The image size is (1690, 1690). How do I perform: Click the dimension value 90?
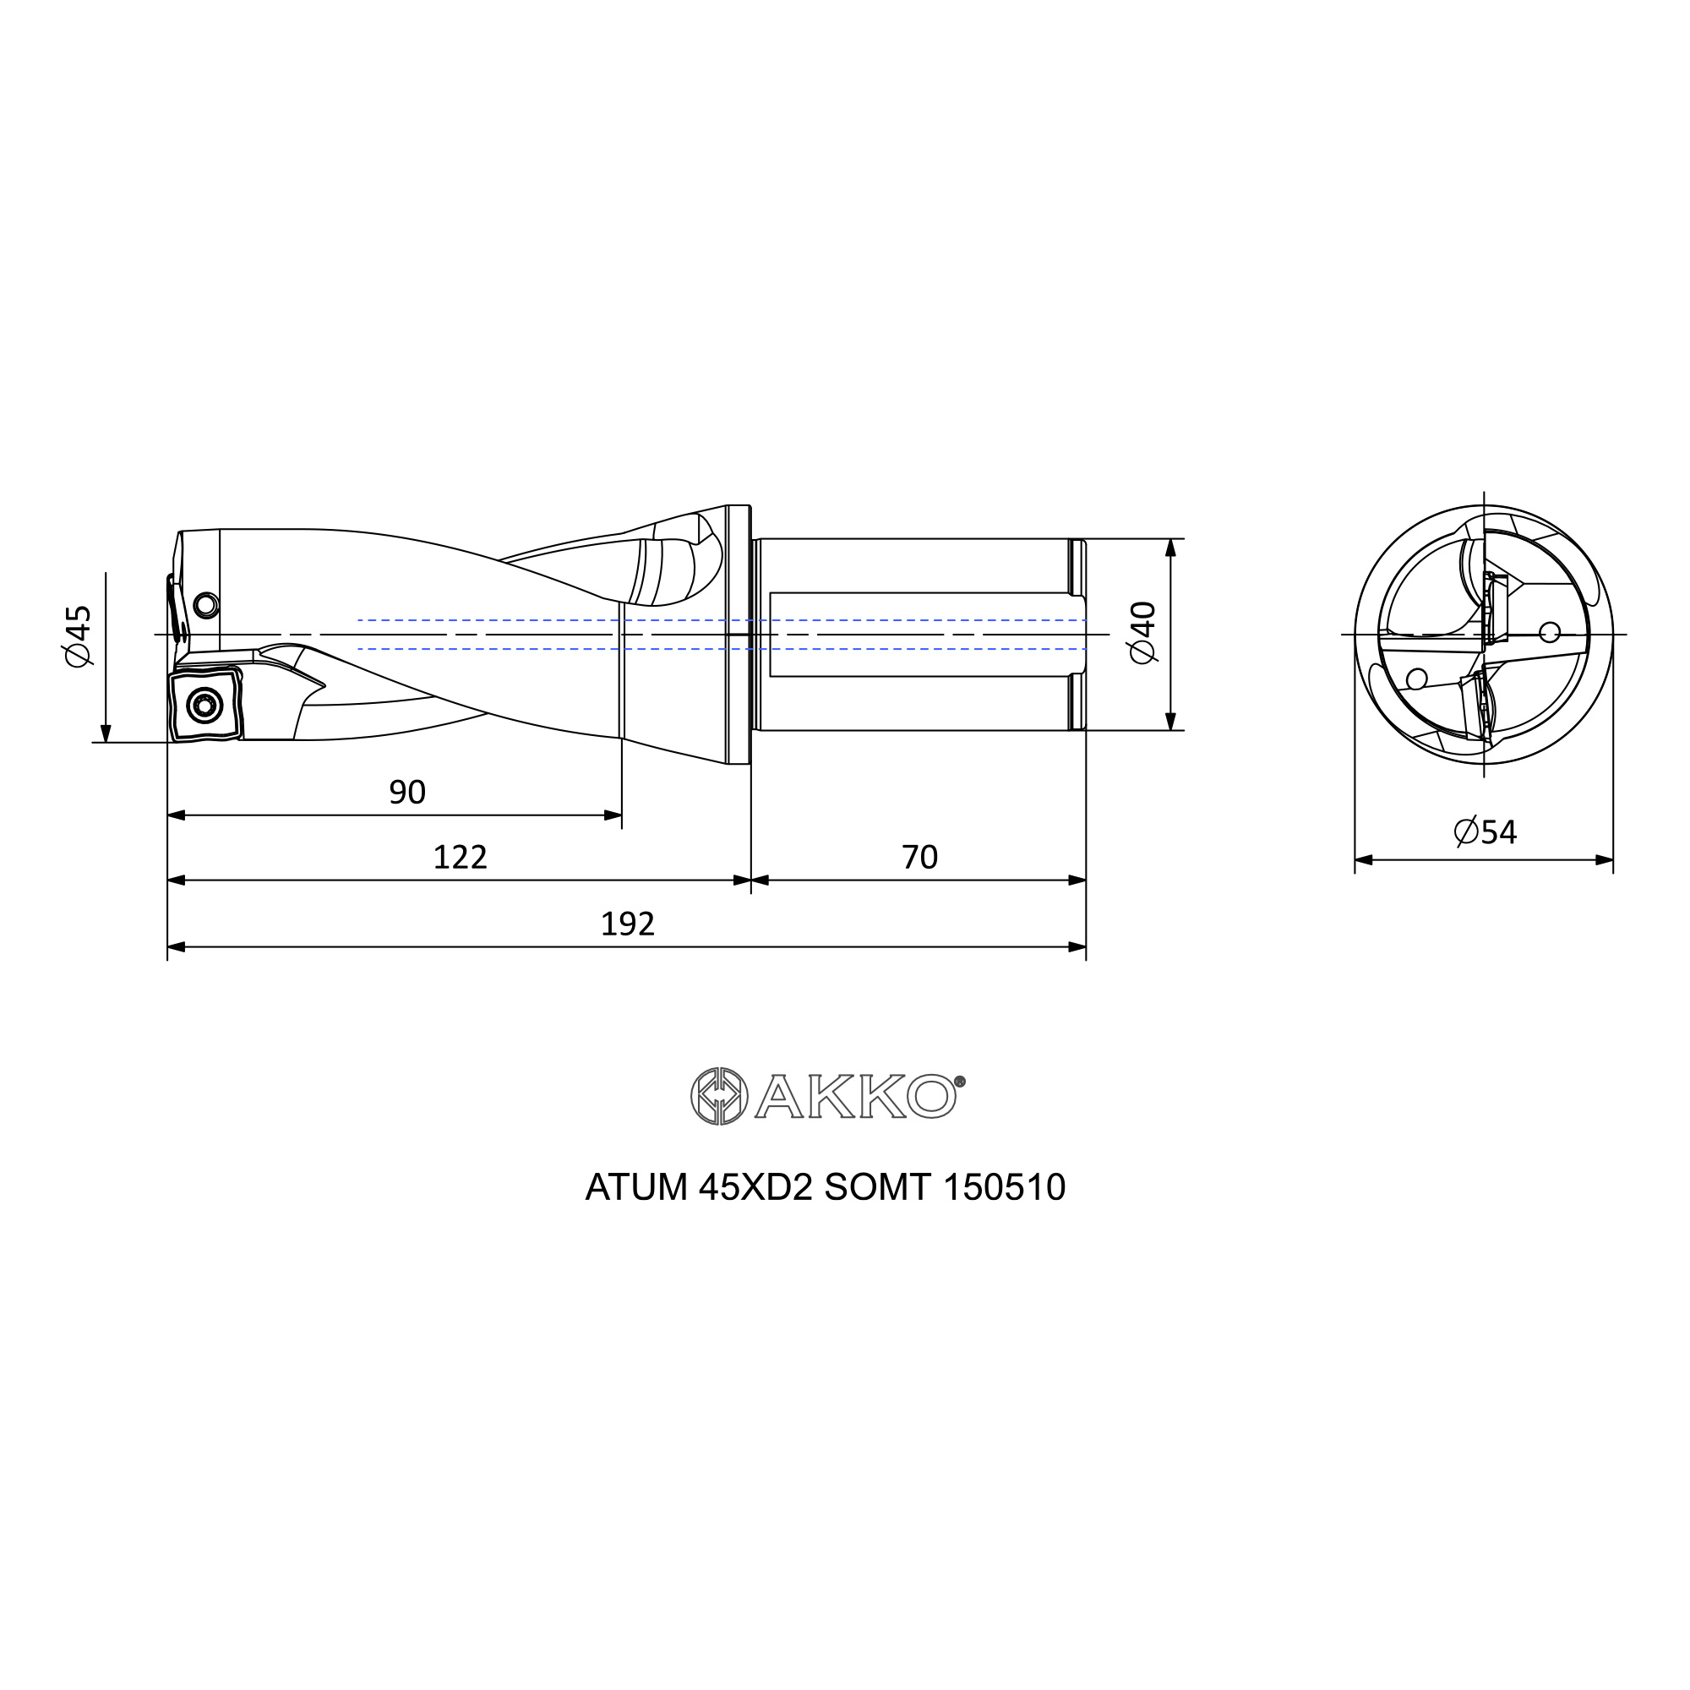click(x=406, y=793)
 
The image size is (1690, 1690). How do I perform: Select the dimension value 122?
click(x=461, y=857)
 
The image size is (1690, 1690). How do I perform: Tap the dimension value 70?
click(x=919, y=857)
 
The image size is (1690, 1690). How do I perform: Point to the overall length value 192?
click(x=627, y=924)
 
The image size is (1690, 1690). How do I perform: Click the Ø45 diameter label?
click(x=78, y=636)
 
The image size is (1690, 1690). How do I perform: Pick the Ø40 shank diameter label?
click(x=1143, y=632)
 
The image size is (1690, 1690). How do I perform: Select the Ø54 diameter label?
click(x=1486, y=831)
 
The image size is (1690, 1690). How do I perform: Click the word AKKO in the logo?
click(x=855, y=1096)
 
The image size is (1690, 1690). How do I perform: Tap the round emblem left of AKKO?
click(x=719, y=1096)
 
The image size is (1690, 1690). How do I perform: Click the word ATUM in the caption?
click(x=636, y=1187)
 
